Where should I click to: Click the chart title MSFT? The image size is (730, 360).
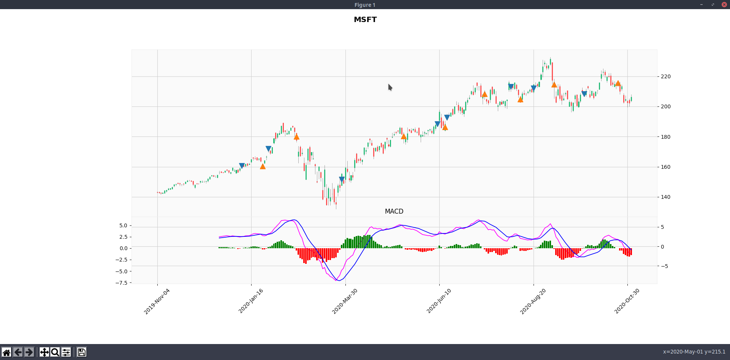(x=365, y=19)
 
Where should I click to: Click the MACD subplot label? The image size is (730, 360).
(x=394, y=211)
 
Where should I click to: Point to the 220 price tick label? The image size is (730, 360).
(x=665, y=76)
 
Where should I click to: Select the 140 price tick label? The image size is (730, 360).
(x=665, y=197)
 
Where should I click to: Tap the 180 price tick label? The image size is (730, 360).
(x=665, y=137)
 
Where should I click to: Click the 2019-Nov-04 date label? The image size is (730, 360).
(x=157, y=301)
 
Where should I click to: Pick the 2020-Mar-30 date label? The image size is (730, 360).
(x=345, y=301)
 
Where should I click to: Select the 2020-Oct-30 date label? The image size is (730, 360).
(x=627, y=301)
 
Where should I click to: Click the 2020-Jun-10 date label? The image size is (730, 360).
(x=439, y=301)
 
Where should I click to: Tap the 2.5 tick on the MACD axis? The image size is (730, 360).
(x=123, y=237)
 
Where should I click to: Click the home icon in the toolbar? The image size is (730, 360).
(x=6, y=352)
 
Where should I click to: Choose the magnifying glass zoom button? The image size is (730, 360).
(x=55, y=352)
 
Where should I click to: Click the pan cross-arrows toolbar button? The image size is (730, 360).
(x=44, y=352)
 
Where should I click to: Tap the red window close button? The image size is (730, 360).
(x=724, y=5)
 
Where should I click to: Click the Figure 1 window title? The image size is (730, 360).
(x=365, y=5)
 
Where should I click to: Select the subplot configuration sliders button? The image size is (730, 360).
(x=66, y=352)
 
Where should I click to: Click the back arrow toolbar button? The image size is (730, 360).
(x=17, y=352)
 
